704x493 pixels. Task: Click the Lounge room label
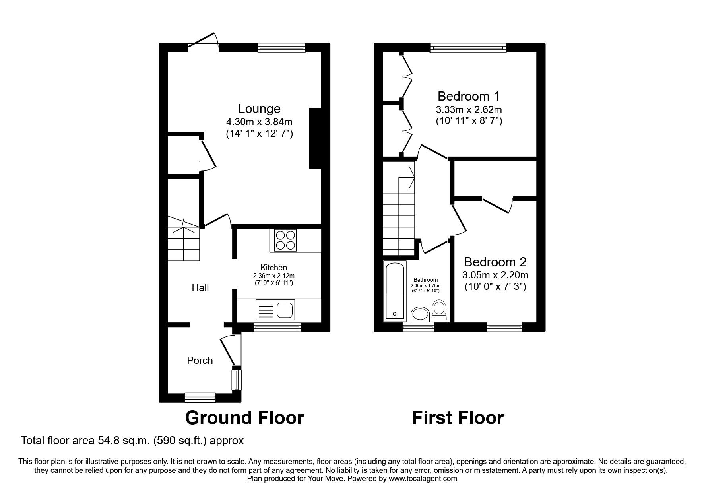259,109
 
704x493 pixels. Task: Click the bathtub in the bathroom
395,291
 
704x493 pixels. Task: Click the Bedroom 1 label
468,96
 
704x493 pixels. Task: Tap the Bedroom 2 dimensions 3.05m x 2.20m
495,275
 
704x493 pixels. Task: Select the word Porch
200,360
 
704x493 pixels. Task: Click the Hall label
200,287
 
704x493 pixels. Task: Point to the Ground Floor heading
244,418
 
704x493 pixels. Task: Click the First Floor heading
458,418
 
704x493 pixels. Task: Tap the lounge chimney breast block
315,138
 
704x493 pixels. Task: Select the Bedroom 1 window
468,48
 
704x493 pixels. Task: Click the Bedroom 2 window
504,327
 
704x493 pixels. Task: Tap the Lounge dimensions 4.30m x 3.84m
259,121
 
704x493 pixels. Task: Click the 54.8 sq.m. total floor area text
132,441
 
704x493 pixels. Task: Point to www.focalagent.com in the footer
423,479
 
